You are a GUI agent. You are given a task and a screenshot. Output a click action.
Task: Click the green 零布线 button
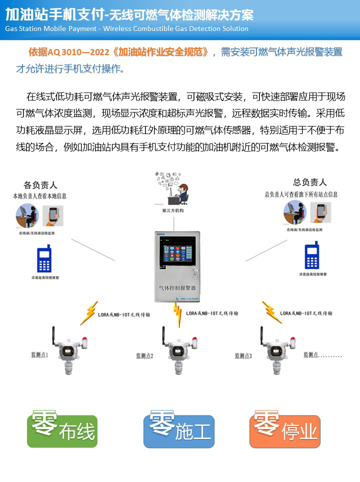(62, 430)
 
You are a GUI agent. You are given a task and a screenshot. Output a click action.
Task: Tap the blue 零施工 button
(179, 430)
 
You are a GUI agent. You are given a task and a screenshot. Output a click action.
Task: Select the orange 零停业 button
(285, 430)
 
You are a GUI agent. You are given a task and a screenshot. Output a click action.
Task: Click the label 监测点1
(39, 355)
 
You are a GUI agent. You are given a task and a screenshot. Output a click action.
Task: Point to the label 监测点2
(144, 356)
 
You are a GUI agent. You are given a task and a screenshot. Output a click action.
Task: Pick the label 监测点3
(243, 356)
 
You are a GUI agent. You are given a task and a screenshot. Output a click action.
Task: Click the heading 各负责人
(41, 184)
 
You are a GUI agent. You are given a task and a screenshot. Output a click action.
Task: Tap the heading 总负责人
(310, 182)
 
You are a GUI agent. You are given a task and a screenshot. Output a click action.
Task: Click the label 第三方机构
(173, 211)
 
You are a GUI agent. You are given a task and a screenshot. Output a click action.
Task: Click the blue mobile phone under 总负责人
(312, 255)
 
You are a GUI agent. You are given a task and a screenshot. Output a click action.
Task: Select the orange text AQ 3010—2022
(65, 52)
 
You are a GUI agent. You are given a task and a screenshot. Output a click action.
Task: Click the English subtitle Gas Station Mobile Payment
(52, 28)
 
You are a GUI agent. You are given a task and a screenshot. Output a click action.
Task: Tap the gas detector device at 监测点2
(177, 350)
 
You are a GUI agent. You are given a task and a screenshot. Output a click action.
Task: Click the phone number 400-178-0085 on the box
(188, 299)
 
